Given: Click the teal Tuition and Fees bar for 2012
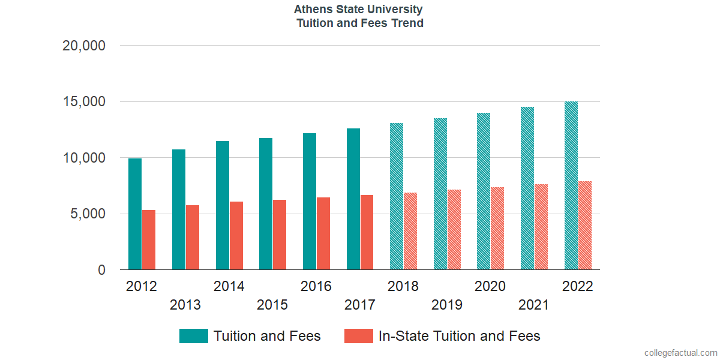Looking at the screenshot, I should point(135,214).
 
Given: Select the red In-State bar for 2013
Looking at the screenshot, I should point(193,238).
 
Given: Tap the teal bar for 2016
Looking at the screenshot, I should point(310,202).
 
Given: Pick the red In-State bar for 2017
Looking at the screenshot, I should point(367,232).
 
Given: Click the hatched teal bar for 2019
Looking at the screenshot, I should point(440,194).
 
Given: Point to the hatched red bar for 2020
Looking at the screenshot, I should point(497,229).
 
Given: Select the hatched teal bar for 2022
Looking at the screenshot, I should point(571,186).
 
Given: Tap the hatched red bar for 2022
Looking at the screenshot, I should point(585,226).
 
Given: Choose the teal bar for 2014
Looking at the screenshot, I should point(223,205).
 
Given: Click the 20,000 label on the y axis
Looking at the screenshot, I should point(84,46).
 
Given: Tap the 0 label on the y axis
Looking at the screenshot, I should point(101,270).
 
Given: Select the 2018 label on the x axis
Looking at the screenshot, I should point(403,286).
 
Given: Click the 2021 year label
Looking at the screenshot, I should point(534,305).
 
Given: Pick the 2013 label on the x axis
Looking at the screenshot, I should point(185,305).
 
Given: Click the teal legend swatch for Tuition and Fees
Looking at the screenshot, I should point(194,336).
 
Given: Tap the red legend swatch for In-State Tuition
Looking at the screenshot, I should point(359,336).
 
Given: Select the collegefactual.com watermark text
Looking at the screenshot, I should point(680,353).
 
